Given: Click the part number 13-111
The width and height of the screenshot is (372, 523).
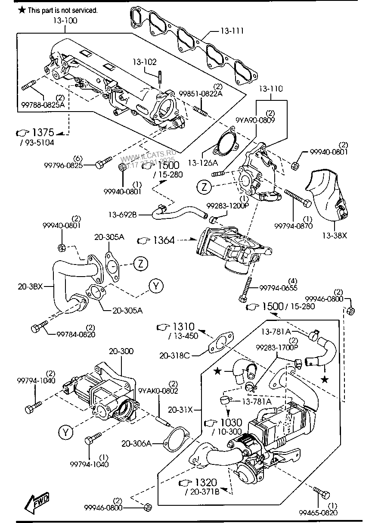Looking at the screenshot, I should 232,31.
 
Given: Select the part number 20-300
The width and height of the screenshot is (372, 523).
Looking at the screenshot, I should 121,351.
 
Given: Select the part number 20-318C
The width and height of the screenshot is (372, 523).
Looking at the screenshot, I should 174,355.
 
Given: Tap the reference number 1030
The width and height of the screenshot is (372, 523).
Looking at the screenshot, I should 231,423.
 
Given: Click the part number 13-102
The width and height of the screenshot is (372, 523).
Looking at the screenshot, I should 144,62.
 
